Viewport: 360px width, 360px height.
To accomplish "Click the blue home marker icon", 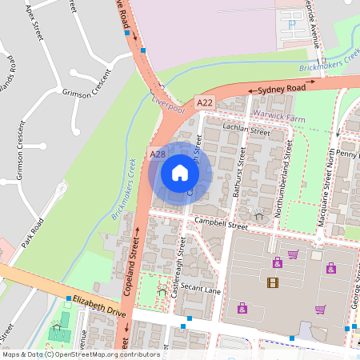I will tap(179, 172).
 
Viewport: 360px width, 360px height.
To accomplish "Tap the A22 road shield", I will tap(205, 103).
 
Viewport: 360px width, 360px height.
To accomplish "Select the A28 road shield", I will tap(158, 154).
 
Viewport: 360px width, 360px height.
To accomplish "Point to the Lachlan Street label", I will tap(247, 130).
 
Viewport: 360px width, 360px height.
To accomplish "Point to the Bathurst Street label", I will tap(238, 173).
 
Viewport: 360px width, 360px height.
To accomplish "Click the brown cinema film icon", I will tap(273, 282).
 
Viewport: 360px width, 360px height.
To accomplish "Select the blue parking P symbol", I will tap(292, 24).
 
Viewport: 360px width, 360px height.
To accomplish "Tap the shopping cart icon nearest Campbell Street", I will tap(294, 254).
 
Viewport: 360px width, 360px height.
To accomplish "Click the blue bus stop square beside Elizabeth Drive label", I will tap(69, 298).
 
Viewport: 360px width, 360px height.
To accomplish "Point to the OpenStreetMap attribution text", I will tap(81, 354).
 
